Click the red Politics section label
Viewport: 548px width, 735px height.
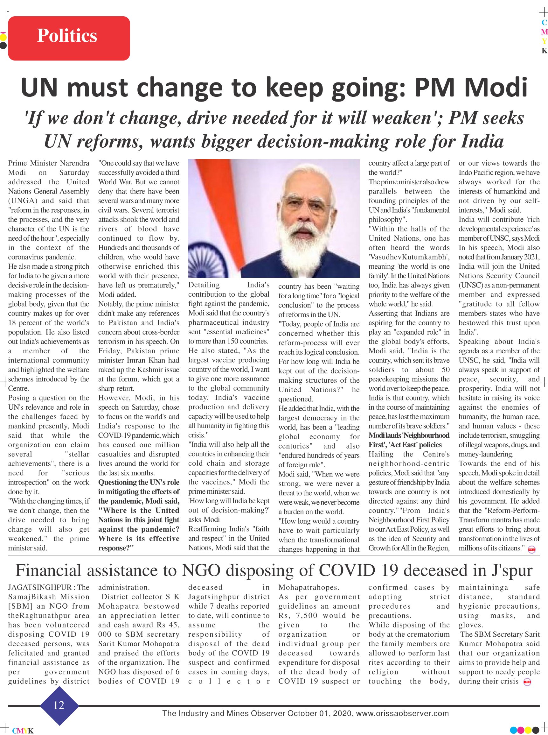tap(69, 39)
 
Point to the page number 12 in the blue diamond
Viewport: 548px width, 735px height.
tap(59, 705)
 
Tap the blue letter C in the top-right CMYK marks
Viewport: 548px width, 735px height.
tap(544, 23)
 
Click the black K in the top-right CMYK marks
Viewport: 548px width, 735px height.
tap(544, 51)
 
